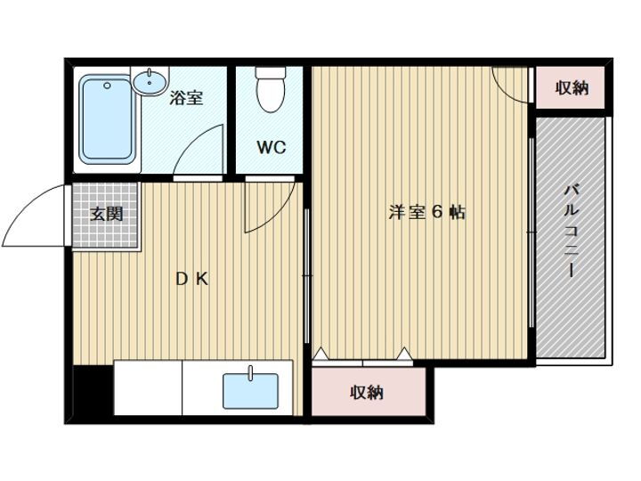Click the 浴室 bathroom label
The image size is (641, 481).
pos(187,98)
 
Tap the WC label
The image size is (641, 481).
pos(272,148)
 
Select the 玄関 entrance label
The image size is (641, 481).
pos(106,214)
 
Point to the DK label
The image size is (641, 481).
pos(191,279)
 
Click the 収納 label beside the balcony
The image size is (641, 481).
pos(572,87)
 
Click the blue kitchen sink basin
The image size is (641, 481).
pos(249,390)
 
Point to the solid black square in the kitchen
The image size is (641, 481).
pos(92,389)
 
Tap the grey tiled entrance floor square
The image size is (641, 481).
pos(106,216)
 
